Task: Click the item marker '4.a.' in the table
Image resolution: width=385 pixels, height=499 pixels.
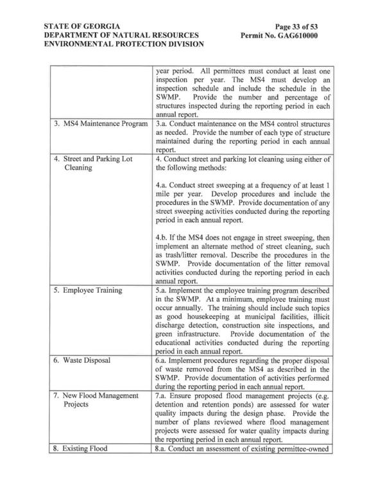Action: (164, 186)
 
